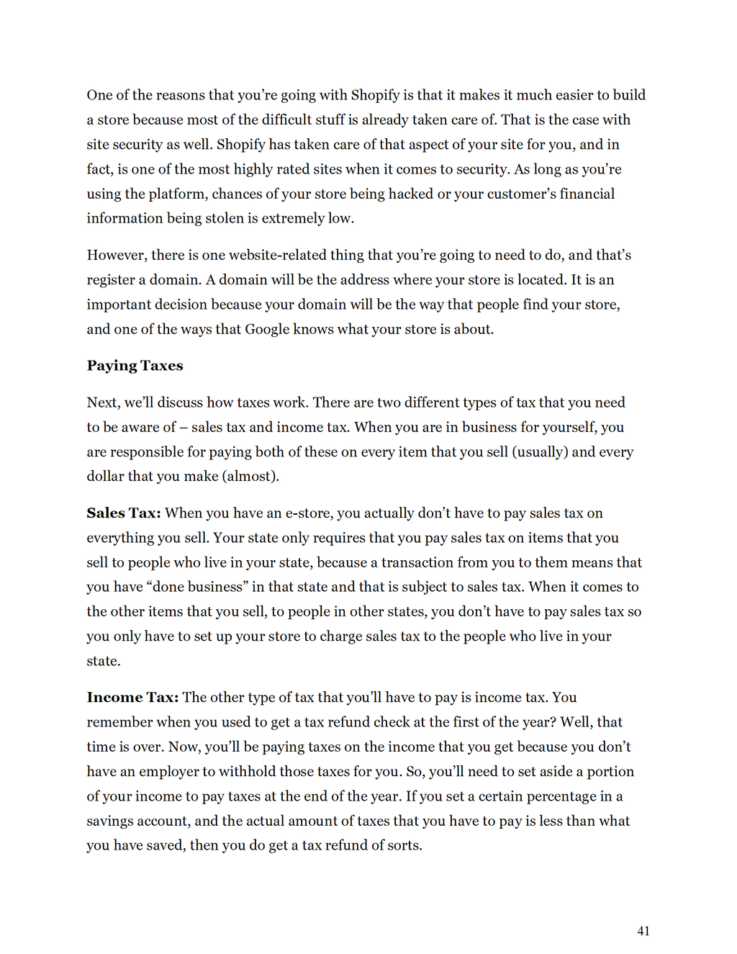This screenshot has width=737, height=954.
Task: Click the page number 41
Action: [x=643, y=931]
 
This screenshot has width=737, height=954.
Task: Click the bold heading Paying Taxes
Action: [x=135, y=366]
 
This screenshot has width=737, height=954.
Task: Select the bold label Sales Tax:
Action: [x=124, y=513]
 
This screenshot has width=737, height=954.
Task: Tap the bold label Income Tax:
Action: [x=132, y=698]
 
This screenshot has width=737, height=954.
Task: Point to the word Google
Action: [x=267, y=330]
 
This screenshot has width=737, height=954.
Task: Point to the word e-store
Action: [x=309, y=513]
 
